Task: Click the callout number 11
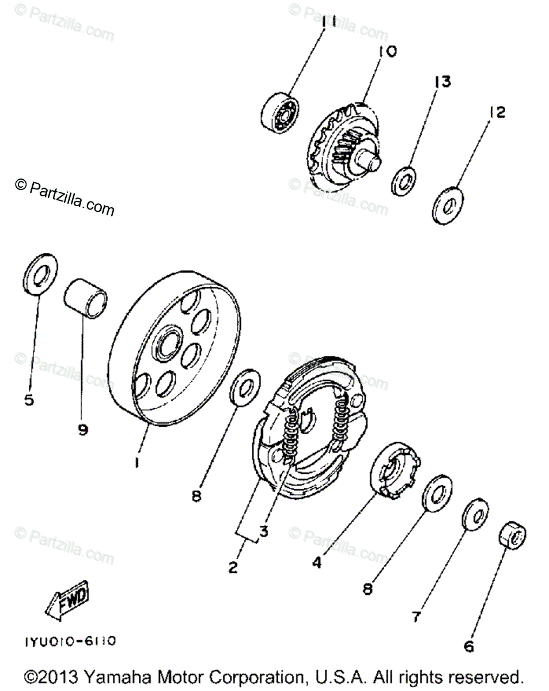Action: pyautogui.click(x=328, y=22)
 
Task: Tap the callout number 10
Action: pyautogui.click(x=387, y=52)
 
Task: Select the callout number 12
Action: pyautogui.click(x=497, y=113)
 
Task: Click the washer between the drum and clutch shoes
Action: pyautogui.click(x=245, y=389)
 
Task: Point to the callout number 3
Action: pyautogui.click(x=263, y=531)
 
